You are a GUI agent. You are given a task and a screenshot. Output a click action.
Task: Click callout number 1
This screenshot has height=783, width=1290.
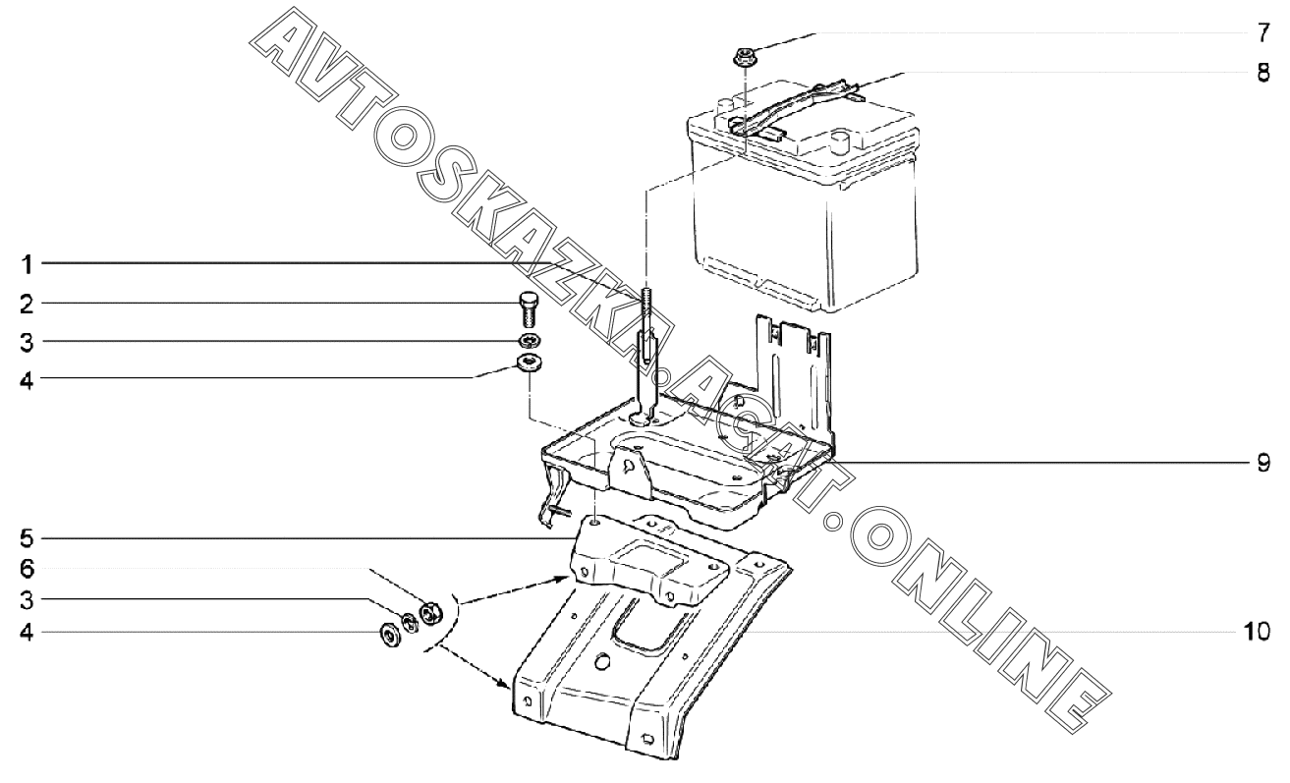(28, 263)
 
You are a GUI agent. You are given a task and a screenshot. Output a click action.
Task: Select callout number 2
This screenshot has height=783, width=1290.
(28, 302)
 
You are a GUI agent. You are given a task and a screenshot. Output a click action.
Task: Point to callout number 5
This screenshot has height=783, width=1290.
(28, 538)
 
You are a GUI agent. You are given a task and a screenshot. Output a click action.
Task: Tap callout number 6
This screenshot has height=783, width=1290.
(28, 569)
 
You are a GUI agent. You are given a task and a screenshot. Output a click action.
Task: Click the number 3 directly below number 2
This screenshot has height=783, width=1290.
(28, 341)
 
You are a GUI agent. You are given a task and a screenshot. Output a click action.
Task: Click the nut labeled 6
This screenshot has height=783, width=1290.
(428, 614)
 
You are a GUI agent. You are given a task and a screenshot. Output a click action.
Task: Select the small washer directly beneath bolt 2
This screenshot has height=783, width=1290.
(530, 342)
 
